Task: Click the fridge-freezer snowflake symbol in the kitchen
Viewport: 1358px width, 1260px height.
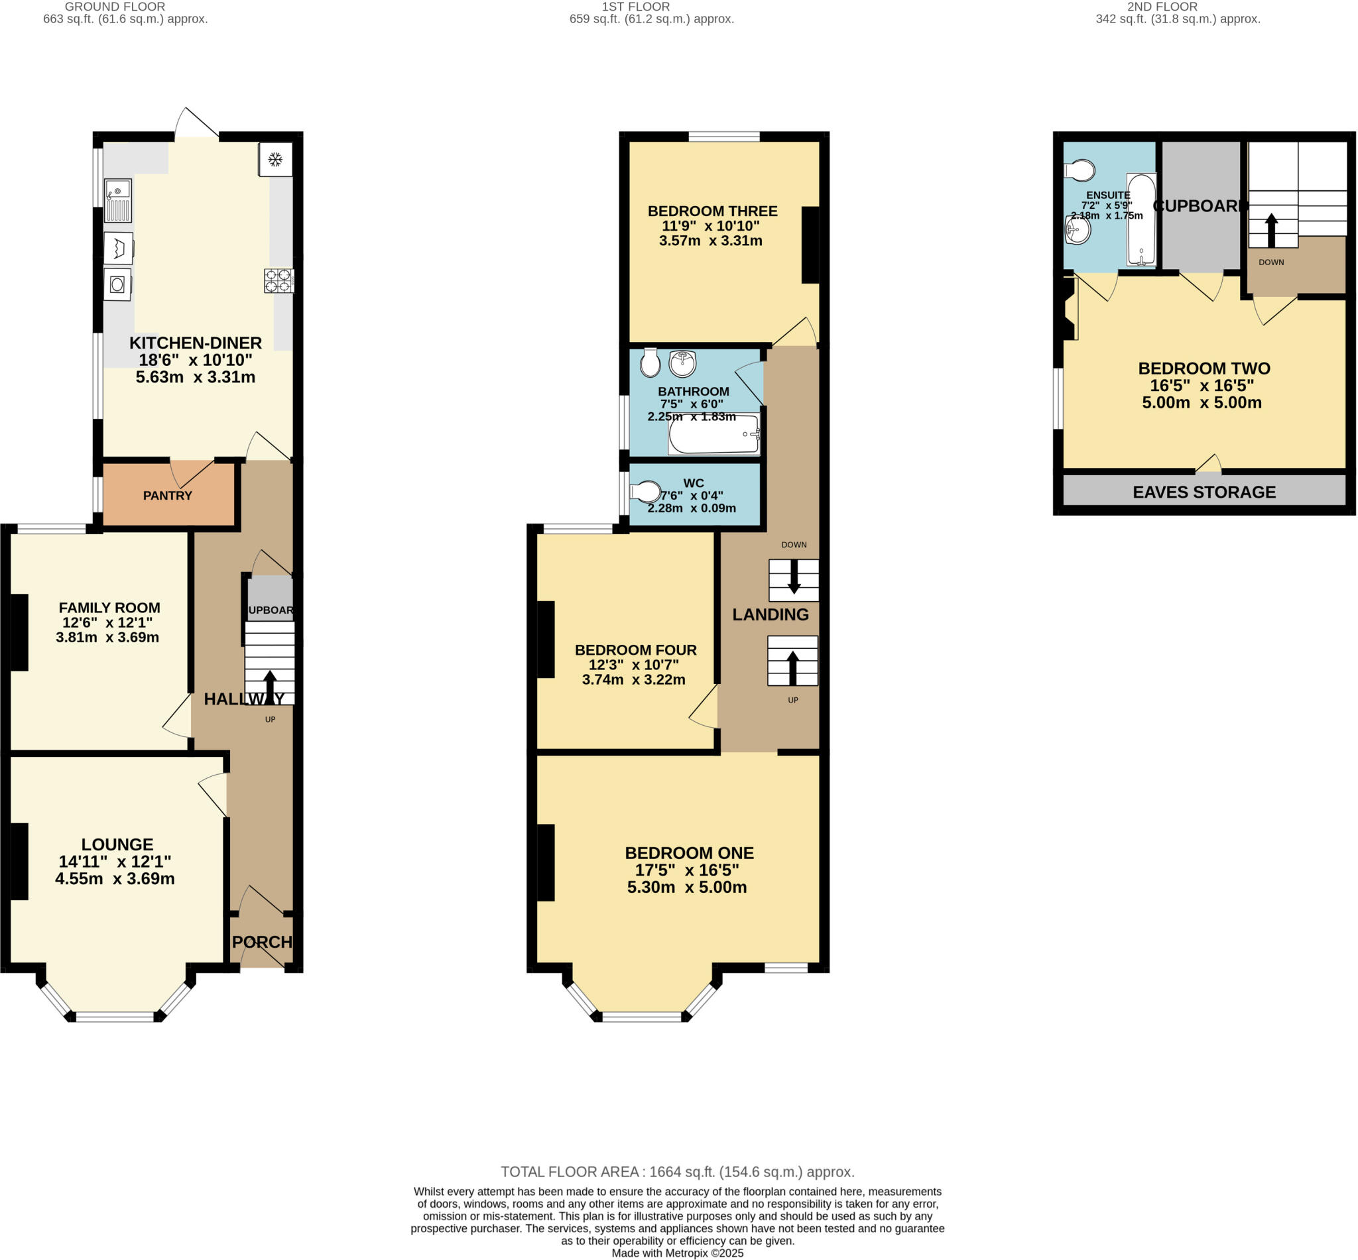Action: [x=275, y=160]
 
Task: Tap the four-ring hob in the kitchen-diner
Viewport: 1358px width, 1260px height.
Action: [x=279, y=281]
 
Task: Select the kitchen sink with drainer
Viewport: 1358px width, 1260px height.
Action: [x=117, y=200]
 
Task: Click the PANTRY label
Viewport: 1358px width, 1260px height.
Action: [x=167, y=496]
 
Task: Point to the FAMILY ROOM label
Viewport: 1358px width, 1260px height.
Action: [x=109, y=608]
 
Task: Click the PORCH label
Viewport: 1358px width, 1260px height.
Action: [x=262, y=942]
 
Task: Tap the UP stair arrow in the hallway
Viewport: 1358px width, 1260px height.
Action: [x=270, y=685]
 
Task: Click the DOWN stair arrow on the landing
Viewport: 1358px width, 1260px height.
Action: [x=794, y=577]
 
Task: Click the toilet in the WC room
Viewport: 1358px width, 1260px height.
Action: [x=645, y=492]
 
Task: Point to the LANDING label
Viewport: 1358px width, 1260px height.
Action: [x=770, y=614]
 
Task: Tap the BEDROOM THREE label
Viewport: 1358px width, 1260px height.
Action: [x=712, y=211]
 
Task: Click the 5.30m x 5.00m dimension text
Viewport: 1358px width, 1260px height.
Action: [x=686, y=887]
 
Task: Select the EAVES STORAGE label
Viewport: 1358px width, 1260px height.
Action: [x=1204, y=492]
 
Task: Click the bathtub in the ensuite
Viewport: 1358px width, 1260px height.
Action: [x=1141, y=219]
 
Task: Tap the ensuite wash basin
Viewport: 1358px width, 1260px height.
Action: [x=1078, y=230]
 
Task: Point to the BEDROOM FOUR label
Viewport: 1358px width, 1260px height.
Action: [x=635, y=650]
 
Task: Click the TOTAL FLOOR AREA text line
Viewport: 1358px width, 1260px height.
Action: [x=676, y=1171]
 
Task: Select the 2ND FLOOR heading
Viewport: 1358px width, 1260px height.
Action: [x=1162, y=7]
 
